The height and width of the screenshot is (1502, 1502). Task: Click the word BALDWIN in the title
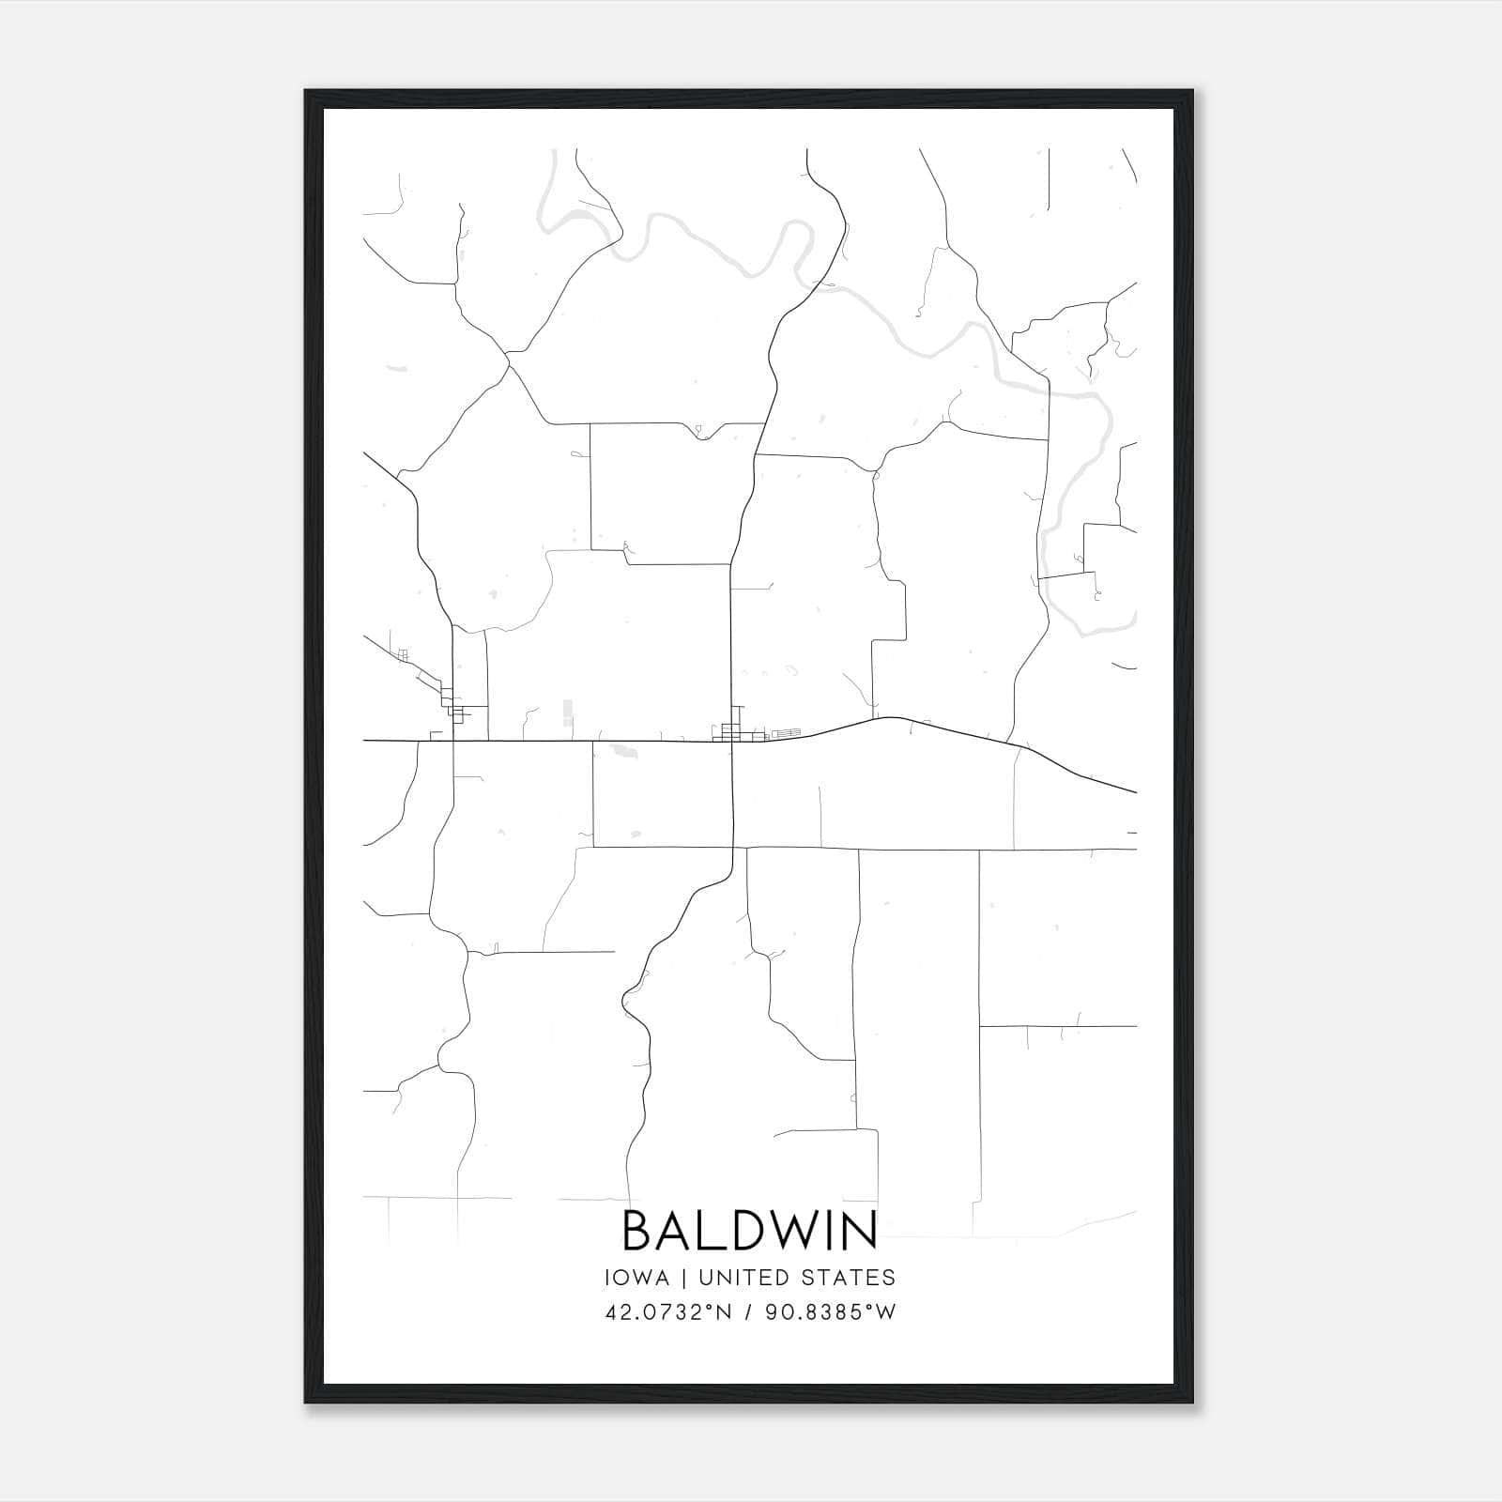click(749, 1230)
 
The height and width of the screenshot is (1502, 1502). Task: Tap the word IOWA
click(636, 1278)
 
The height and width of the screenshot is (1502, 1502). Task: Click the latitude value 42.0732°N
click(667, 1312)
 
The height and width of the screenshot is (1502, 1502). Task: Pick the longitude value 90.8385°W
click(832, 1312)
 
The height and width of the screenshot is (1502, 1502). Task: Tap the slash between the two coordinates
click(749, 1312)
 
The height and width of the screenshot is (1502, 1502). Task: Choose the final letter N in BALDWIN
click(863, 1230)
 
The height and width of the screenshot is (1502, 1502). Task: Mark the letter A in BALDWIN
click(678, 1230)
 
